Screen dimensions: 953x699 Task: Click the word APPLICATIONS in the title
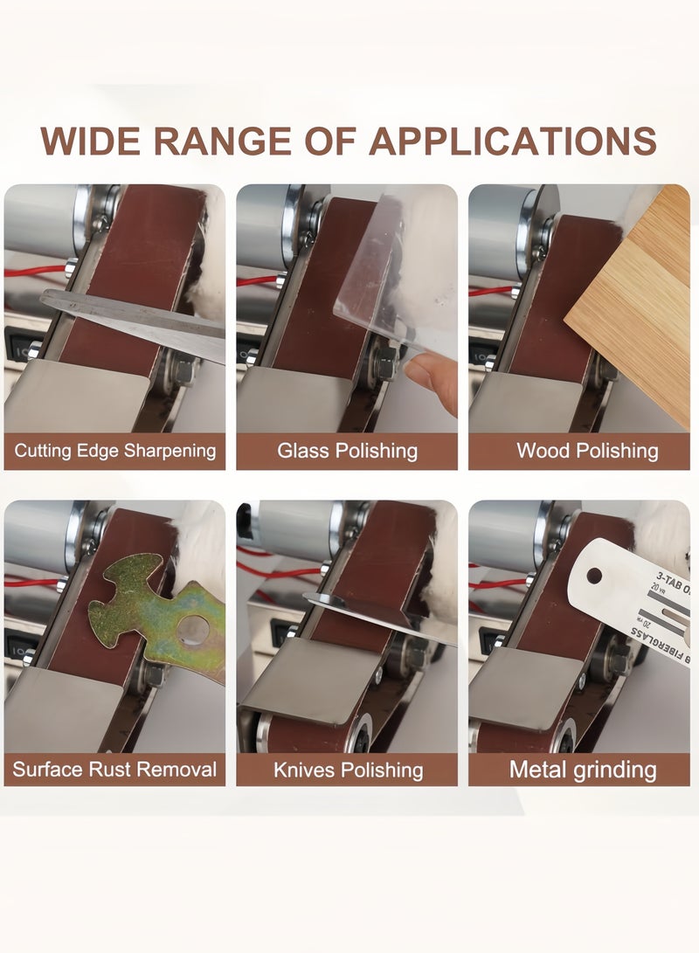[x=512, y=141]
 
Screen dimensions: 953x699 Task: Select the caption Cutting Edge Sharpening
[x=114, y=451]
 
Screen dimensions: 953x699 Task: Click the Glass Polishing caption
[x=347, y=451]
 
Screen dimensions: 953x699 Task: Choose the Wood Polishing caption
[x=586, y=451]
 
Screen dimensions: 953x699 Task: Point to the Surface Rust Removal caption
[x=114, y=770]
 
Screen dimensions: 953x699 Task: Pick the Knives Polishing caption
[x=348, y=770]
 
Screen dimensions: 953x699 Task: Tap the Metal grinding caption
[x=583, y=770]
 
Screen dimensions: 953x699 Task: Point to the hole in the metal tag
[x=594, y=577]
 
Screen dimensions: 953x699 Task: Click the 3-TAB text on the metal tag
[x=669, y=577]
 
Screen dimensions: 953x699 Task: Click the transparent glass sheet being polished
[x=393, y=280]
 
